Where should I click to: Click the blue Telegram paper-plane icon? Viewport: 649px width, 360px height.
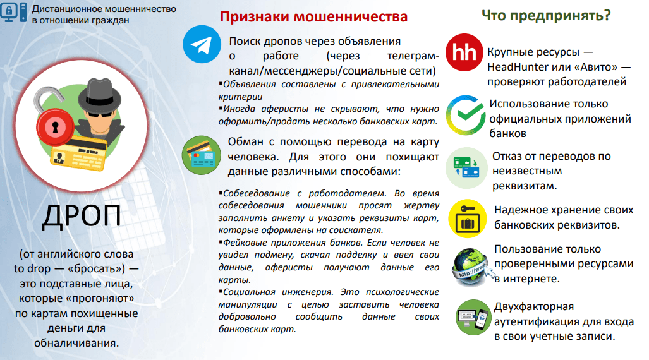tap(202, 44)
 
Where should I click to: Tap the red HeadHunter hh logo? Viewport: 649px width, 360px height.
tap(464, 52)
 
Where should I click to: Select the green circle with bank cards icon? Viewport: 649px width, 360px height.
tap(202, 155)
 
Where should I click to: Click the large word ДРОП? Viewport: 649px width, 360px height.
tap(82, 215)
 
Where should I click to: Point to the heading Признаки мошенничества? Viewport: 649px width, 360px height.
tap(313, 16)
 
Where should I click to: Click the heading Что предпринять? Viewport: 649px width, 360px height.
tap(546, 15)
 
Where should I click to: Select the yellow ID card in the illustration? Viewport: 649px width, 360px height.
tap(78, 153)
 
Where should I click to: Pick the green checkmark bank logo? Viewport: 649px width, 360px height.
tap(466, 115)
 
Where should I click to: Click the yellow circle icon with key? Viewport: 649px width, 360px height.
tap(467, 219)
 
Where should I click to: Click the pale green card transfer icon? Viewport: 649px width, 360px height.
tap(466, 167)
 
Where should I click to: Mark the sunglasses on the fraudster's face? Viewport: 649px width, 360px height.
tap(100, 114)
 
